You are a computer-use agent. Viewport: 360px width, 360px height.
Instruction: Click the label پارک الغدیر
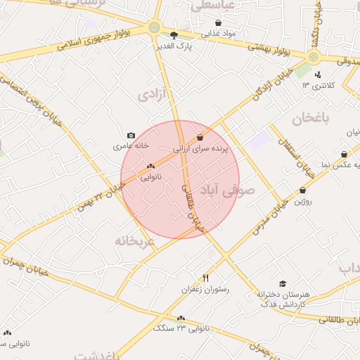pos(176,46)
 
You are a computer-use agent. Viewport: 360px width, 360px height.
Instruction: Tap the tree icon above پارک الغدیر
pos(174,34)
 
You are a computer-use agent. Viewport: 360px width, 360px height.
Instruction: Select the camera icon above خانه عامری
pos(131,135)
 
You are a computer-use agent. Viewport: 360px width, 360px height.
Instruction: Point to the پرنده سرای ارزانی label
pos(201,149)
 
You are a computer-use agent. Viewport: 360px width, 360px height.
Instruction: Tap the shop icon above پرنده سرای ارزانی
pos(201,138)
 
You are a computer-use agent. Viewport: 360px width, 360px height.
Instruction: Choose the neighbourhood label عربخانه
pos(134,240)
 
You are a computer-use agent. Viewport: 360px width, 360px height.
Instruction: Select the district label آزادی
pos(155,94)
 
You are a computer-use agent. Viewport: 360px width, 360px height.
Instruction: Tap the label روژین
pos(303,201)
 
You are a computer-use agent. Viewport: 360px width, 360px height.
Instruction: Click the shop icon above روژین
pos(303,190)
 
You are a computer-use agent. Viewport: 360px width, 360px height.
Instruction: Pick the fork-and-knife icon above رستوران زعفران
pos(205,278)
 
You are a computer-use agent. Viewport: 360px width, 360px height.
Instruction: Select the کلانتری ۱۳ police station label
pos(316,85)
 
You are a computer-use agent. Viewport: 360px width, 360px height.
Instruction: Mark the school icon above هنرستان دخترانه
pos(282,283)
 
